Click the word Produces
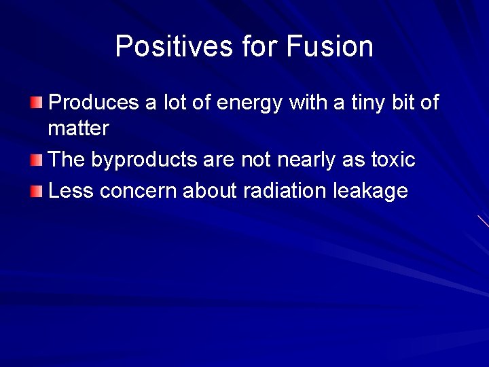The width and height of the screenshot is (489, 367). [94, 103]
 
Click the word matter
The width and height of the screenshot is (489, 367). [79, 128]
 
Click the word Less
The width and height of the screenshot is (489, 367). [72, 190]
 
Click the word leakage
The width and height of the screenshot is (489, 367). [371, 192]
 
